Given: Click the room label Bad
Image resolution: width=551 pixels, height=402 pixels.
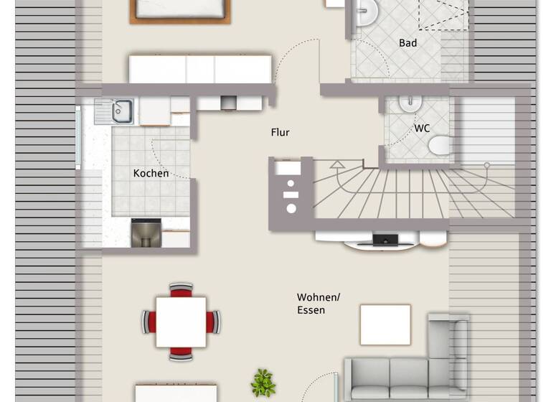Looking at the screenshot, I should pyautogui.click(x=408, y=43).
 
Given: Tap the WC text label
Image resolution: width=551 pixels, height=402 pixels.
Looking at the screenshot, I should pyautogui.click(x=422, y=128).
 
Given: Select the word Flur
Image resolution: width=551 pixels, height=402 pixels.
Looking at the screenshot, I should pyautogui.click(x=280, y=133).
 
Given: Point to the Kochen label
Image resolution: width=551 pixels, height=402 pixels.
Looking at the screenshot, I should pyautogui.click(x=151, y=173).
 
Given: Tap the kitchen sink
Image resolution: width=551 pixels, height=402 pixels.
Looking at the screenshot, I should pyautogui.click(x=121, y=111).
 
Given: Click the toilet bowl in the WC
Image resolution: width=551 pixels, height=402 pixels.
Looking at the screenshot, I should pyautogui.click(x=438, y=146).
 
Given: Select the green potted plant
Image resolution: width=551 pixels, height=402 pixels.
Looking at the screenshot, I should pyautogui.click(x=263, y=383).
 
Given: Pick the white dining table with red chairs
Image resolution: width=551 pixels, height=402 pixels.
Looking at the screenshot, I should pyautogui.click(x=181, y=322).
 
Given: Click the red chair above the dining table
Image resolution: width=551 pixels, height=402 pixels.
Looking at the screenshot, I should pyautogui.click(x=181, y=289).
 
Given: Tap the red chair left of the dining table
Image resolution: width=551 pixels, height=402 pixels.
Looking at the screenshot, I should pyautogui.click(x=149, y=322).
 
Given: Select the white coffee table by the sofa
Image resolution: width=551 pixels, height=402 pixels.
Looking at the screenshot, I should pyautogui.click(x=385, y=324).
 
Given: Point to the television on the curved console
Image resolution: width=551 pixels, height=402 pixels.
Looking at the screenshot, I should pyautogui.click(x=385, y=240).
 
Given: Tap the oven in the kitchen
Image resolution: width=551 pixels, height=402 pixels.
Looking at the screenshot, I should pyautogui.click(x=146, y=233).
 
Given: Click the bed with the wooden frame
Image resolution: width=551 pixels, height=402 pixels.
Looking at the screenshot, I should pyautogui.click(x=180, y=10).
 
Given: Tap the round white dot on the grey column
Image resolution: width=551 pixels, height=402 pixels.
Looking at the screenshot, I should pyautogui.click(x=291, y=208).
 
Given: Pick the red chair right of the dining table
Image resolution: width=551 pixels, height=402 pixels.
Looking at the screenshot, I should pyautogui.click(x=213, y=322).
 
